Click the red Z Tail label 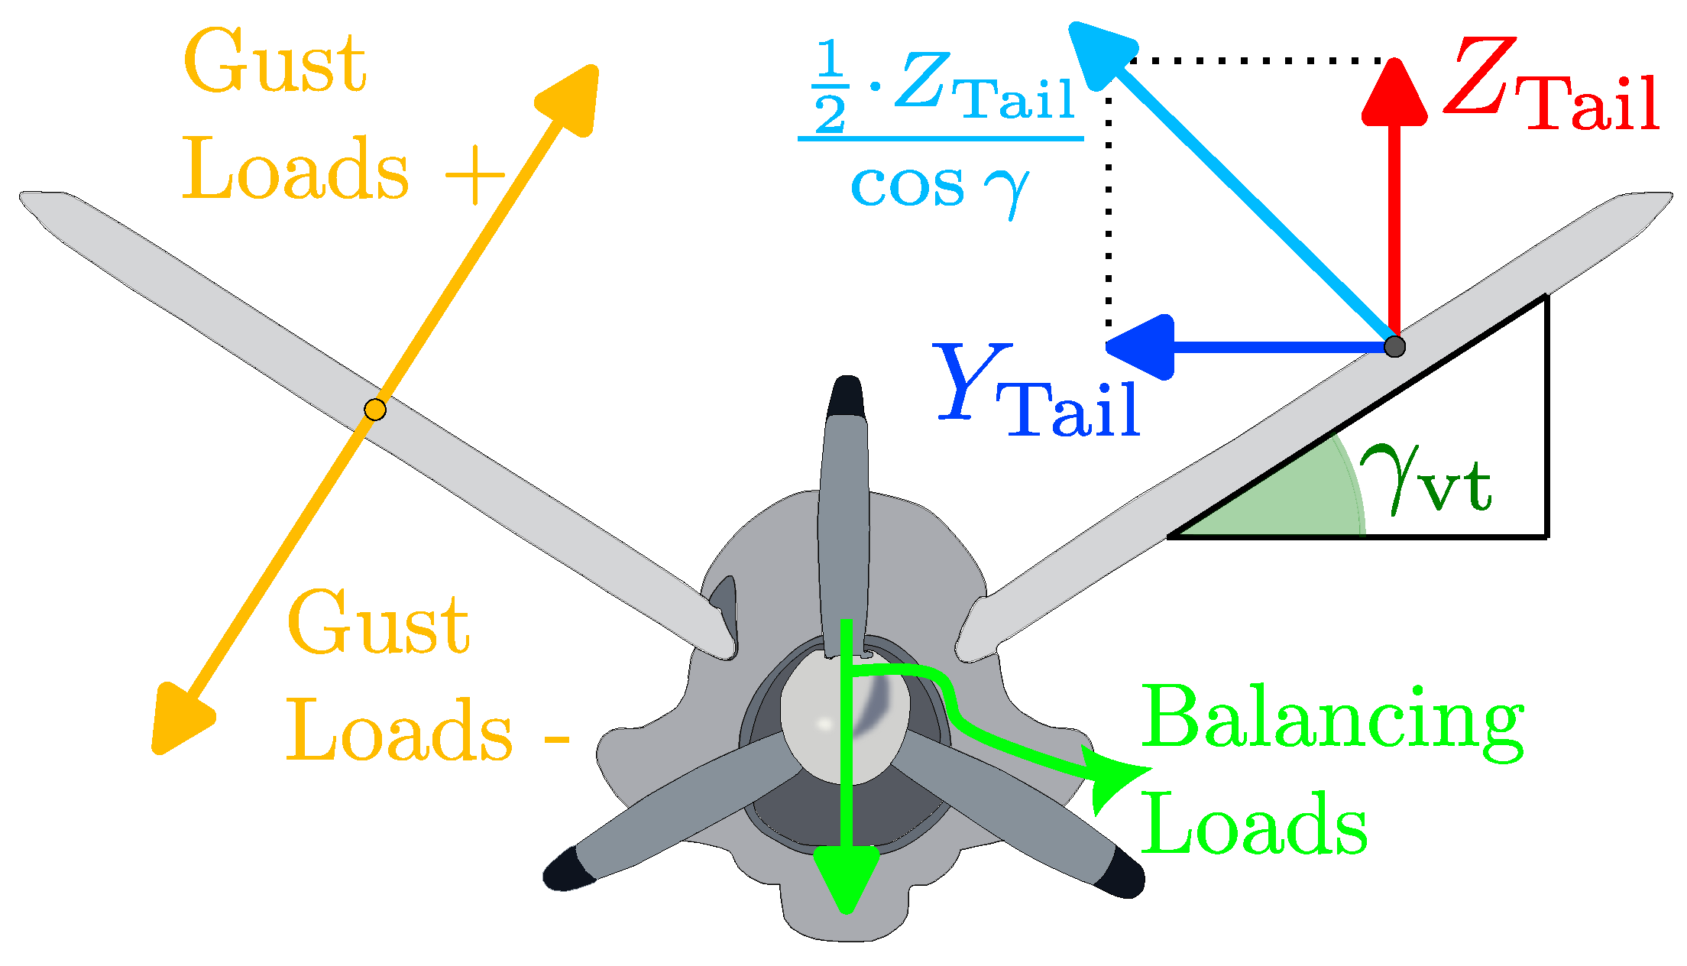click(x=1551, y=88)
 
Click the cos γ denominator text click(x=940, y=187)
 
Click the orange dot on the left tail click(x=374, y=410)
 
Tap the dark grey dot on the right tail click(x=1394, y=346)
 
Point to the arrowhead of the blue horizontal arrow click(x=1142, y=347)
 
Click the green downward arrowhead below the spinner click(x=846, y=879)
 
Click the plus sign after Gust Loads click(x=474, y=176)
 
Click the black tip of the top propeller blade click(x=847, y=396)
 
